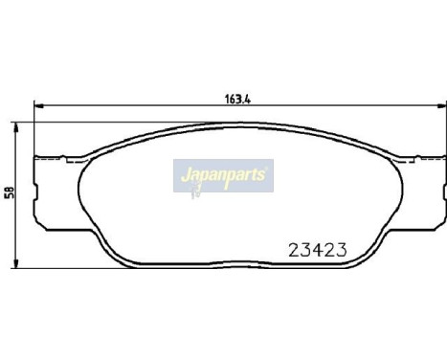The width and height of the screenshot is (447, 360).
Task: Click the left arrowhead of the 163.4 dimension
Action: tap(37, 104)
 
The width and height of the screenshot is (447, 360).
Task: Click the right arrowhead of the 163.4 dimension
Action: tap(431, 104)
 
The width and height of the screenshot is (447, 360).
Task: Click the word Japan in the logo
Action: tap(200, 176)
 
